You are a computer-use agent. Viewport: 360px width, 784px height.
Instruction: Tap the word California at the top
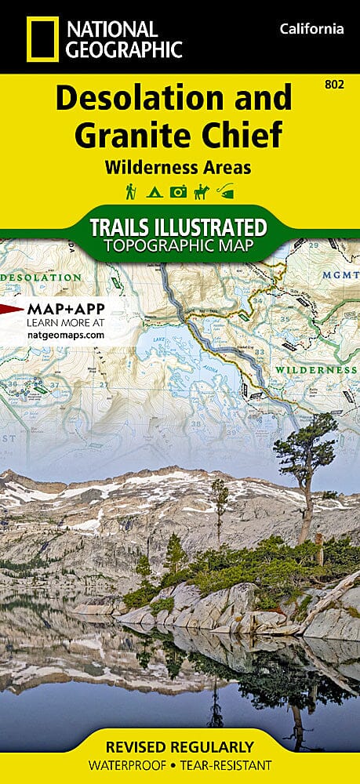click(311, 29)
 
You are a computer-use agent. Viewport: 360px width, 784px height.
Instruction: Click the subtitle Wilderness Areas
click(180, 166)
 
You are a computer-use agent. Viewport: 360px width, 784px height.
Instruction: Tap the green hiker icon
click(131, 191)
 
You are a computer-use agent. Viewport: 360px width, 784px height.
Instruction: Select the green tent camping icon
click(155, 191)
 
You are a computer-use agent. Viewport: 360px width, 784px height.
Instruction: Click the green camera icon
click(179, 191)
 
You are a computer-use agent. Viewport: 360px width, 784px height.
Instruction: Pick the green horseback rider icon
click(202, 191)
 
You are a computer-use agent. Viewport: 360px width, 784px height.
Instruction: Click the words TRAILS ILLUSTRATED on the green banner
click(180, 228)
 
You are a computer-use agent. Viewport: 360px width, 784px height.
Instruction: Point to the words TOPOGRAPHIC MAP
click(180, 247)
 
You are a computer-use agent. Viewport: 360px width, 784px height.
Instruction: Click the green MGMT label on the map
click(340, 275)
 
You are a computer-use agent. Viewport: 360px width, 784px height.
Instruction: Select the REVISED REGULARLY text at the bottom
click(180, 746)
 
